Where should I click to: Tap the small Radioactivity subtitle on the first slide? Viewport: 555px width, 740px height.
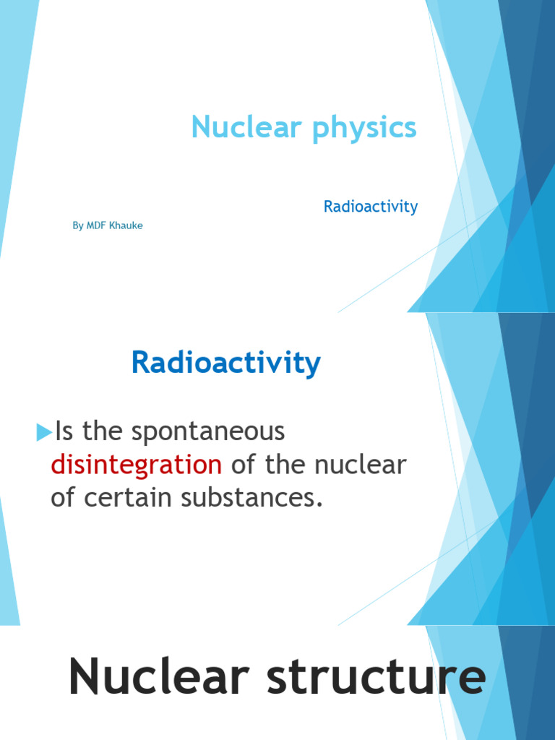pyautogui.click(x=371, y=207)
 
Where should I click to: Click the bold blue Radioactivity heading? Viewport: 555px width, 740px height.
pyautogui.click(x=225, y=363)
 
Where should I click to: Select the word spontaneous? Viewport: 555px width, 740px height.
pyautogui.click(x=218, y=432)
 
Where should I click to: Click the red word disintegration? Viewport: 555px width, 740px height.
pyautogui.click(x=136, y=465)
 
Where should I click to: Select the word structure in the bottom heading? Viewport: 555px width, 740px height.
pyautogui.click(x=379, y=679)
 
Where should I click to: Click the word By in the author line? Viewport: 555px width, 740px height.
pyautogui.click(x=78, y=226)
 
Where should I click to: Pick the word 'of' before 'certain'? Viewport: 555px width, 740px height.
pyautogui.click(x=63, y=497)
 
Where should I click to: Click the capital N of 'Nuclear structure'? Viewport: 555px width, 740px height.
pyautogui.click(x=85, y=679)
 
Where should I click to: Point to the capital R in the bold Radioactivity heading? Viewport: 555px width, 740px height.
pyautogui.click(x=141, y=363)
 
